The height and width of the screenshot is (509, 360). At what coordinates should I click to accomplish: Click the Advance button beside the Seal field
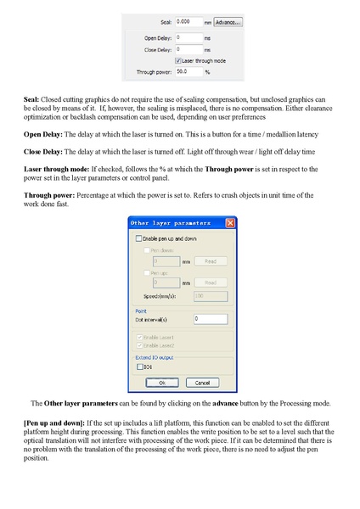[x=228, y=22]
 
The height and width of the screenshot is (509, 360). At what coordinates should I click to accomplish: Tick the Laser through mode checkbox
[x=177, y=61]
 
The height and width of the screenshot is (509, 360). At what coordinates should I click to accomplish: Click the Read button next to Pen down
[x=210, y=262]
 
